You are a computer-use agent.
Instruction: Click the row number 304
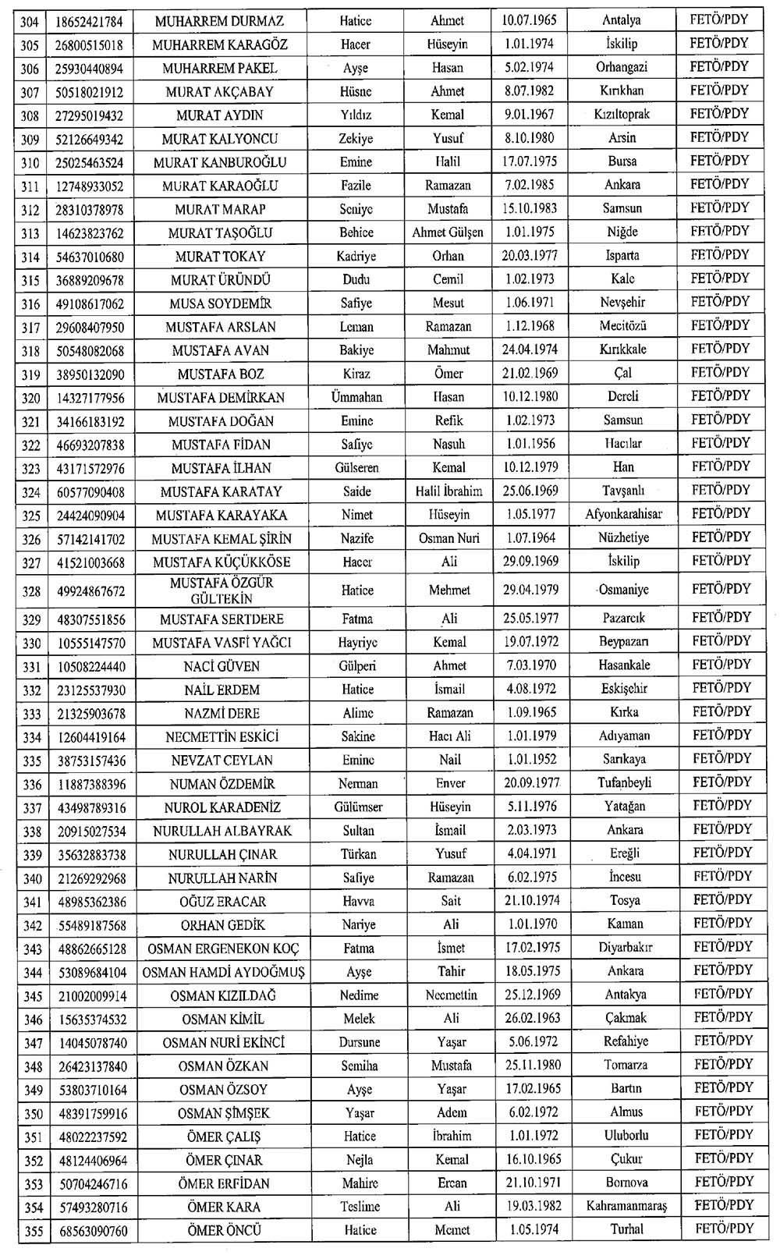pos(30,21)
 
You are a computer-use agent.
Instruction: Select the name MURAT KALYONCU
pos(220,139)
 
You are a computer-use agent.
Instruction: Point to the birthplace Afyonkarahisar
pos(623,514)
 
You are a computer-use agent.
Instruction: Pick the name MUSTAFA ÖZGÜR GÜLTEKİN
pos(222,590)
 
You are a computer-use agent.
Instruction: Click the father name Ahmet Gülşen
pos(448,232)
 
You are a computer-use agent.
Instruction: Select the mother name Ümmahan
pos(356,397)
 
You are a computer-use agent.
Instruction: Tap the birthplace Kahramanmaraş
pos(626,1206)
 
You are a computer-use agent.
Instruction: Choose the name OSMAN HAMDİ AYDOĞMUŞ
pos(223,972)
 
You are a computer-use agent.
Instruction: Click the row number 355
pos(34,1231)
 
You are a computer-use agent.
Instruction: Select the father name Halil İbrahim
pos(448,491)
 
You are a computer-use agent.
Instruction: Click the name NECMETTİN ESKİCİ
pos(222,736)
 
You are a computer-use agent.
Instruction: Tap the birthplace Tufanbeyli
pos(624,782)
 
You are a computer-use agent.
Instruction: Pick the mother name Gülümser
pos(358,807)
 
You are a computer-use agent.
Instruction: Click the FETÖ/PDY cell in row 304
pos(718,20)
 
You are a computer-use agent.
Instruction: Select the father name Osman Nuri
pos(449,538)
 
